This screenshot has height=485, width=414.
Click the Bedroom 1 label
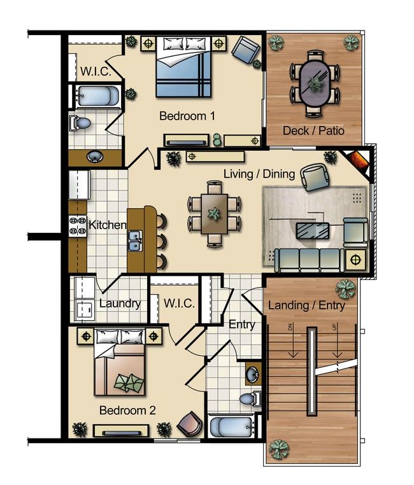[187, 116]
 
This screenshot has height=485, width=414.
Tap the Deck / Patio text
[313, 131]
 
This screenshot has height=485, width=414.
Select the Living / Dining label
[259, 174]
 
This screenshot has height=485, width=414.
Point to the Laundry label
[120, 303]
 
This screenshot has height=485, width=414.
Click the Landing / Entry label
[306, 305]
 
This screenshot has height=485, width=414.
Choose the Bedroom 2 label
[127, 411]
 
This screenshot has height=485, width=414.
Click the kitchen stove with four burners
[78, 227]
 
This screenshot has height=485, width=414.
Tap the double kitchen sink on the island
[135, 241]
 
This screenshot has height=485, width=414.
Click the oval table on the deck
[315, 83]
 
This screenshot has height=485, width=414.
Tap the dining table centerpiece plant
[215, 214]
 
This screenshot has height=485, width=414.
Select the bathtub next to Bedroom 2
[232, 427]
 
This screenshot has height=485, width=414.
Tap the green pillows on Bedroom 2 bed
[129, 382]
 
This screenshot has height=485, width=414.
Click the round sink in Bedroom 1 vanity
[95, 157]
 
